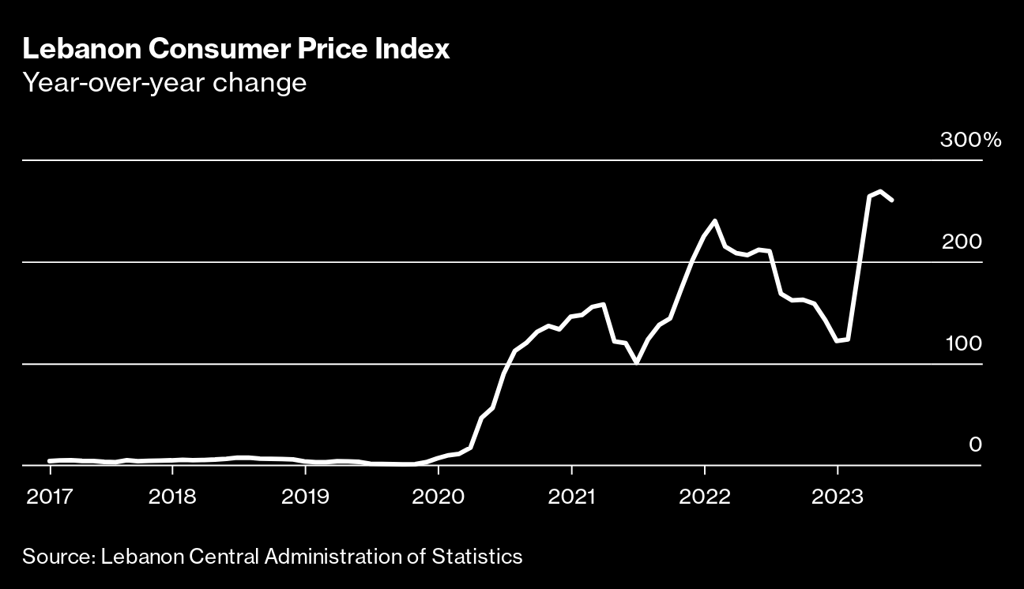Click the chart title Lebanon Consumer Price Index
[x=236, y=50]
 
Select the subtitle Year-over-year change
[x=164, y=82]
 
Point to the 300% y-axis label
[x=970, y=141]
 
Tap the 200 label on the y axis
[x=962, y=242]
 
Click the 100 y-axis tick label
[x=962, y=343]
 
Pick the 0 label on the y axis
[x=975, y=445]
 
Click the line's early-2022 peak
[x=715, y=220]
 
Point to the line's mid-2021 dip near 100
[x=637, y=362]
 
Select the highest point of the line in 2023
[x=880, y=191]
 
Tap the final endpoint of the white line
[x=892, y=201]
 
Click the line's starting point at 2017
[x=50, y=461]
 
